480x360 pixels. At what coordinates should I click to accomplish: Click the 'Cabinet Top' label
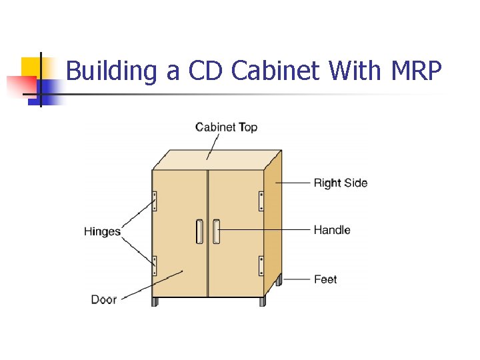tap(226, 127)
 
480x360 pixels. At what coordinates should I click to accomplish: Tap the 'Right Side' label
tap(340, 183)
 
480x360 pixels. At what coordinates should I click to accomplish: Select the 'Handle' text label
tap(331, 230)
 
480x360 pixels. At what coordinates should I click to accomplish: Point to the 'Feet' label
tap(325, 279)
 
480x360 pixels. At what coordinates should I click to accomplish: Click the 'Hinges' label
tap(102, 232)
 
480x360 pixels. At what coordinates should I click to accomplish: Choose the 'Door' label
tap(104, 299)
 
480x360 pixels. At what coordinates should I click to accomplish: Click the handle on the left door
tap(199, 231)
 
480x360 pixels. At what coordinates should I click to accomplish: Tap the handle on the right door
tap(216, 231)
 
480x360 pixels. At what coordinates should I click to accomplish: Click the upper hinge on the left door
tap(155, 201)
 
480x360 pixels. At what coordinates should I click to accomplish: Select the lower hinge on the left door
tap(155, 265)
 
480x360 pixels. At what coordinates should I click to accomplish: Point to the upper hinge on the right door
tap(261, 201)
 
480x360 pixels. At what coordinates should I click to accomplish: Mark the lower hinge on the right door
tap(261, 265)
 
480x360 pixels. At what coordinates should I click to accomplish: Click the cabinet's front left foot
tap(155, 302)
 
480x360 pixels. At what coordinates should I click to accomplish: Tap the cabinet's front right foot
tap(263, 302)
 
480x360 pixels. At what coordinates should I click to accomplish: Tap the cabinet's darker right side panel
tap(273, 220)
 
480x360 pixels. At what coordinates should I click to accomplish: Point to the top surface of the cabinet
tap(213, 160)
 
